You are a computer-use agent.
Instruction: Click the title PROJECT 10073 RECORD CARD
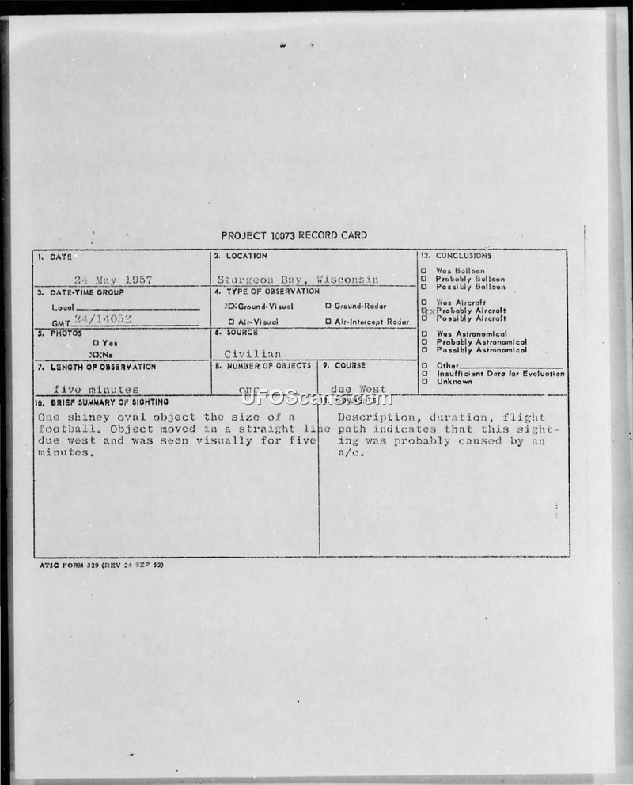tap(294, 235)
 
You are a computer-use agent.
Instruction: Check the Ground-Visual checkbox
tap(229, 306)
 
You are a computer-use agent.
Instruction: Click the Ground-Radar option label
tap(360, 306)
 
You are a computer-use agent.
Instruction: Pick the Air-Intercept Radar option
tap(371, 322)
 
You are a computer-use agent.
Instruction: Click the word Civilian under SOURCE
tap(252, 354)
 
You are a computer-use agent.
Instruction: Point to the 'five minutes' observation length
tap(96, 389)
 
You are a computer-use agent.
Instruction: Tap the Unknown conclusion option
tap(453, 382)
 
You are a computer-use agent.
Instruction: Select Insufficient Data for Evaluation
tap(500, 373)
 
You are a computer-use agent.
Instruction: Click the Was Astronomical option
tap(471, 334)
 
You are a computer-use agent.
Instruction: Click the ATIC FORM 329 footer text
tap(100, 566)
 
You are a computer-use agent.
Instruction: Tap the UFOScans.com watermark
tap(316, 398)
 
